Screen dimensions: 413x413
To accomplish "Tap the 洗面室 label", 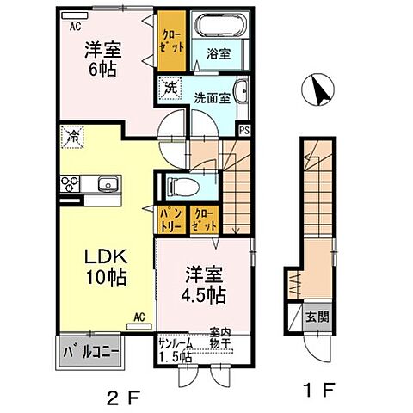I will click(x=213, y=98).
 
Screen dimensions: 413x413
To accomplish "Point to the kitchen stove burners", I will click(x=68, y=184).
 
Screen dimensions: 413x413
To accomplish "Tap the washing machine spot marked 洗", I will click(x=170, y=87).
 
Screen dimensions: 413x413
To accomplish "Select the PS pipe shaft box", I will click(x=243, y=130).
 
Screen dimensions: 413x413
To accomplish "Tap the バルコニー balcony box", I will click(x=90, y=353).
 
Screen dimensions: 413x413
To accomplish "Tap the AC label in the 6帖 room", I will click(x=75, y=24).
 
